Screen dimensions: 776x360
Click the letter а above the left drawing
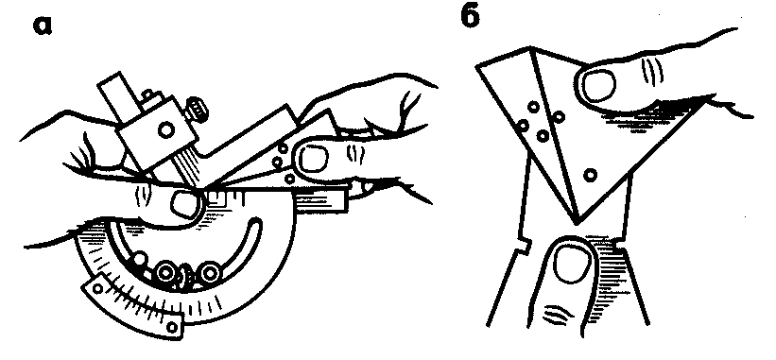pos(43,26)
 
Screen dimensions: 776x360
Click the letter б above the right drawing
pos(470,18)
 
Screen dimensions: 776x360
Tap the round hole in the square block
pos(165,129)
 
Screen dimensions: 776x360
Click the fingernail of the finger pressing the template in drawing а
pos(311,160)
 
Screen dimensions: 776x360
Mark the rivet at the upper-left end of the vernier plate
pos(98,288)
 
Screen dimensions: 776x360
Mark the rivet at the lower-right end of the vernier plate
pos(171,326)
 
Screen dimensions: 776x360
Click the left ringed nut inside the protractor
pos(164,271)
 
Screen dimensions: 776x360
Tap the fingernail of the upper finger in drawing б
pos(599,86)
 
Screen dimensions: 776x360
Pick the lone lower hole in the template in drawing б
pos(590,175)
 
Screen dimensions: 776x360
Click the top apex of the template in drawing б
pos(531,47)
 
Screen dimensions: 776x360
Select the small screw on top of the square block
pos(147,94)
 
